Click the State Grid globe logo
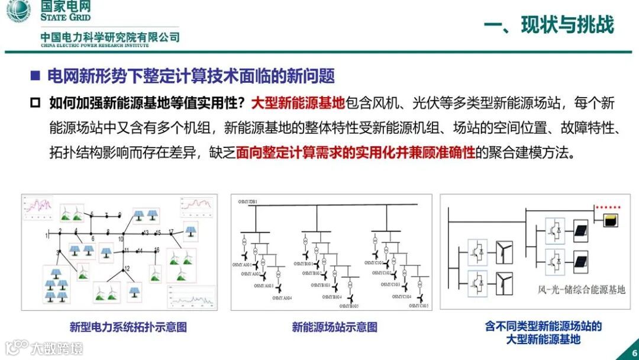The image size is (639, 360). [x=18, y=11]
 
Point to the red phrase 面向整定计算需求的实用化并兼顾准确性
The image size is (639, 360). [x=356, y=153]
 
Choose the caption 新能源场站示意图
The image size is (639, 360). [x=334, y=327]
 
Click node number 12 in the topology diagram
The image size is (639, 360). [x=127, y=268]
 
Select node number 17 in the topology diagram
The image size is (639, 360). [x=171, y=231]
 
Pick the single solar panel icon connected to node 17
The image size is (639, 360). [x=191, y=232]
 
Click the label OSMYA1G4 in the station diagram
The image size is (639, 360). [x=281, y=297]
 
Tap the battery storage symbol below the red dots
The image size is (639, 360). [x=609, y=221]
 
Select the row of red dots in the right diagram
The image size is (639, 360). [x=608, y=208]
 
